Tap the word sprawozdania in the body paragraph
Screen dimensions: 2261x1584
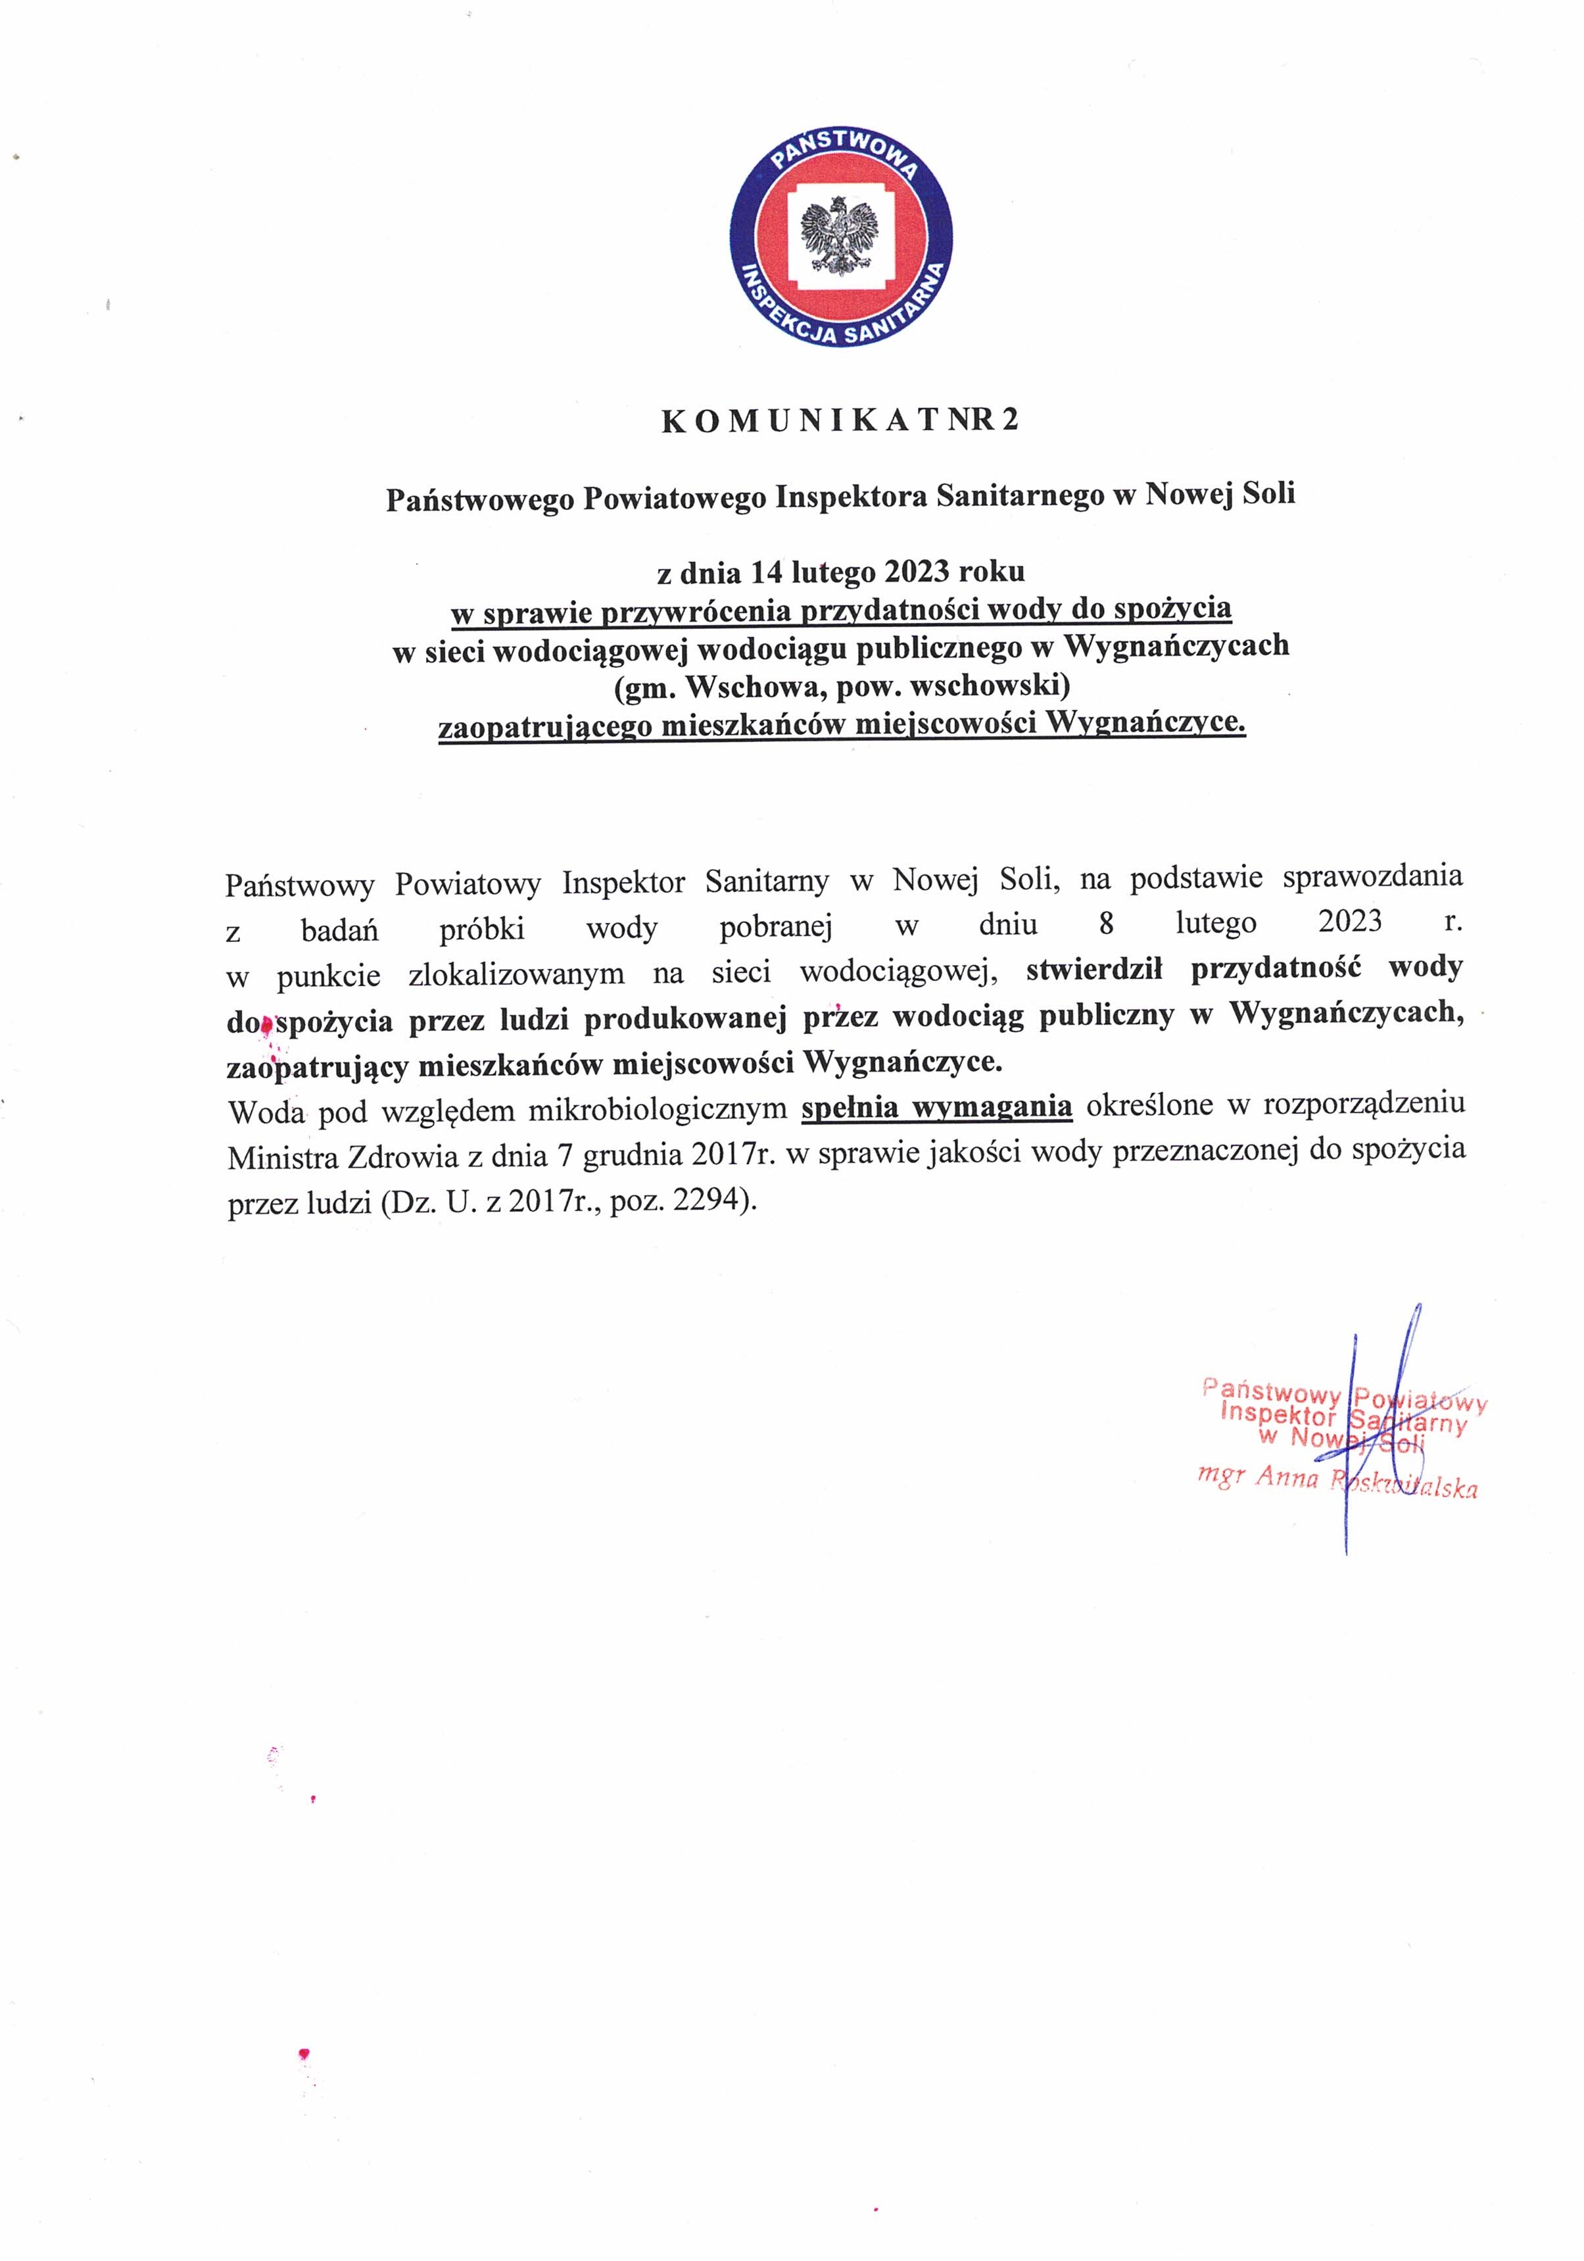tap(1372, 876)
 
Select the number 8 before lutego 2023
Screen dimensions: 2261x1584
tap(1107, 924)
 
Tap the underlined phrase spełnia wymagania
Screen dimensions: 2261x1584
tap(936, 1108)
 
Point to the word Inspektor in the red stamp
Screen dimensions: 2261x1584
tap(1277, 1414)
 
